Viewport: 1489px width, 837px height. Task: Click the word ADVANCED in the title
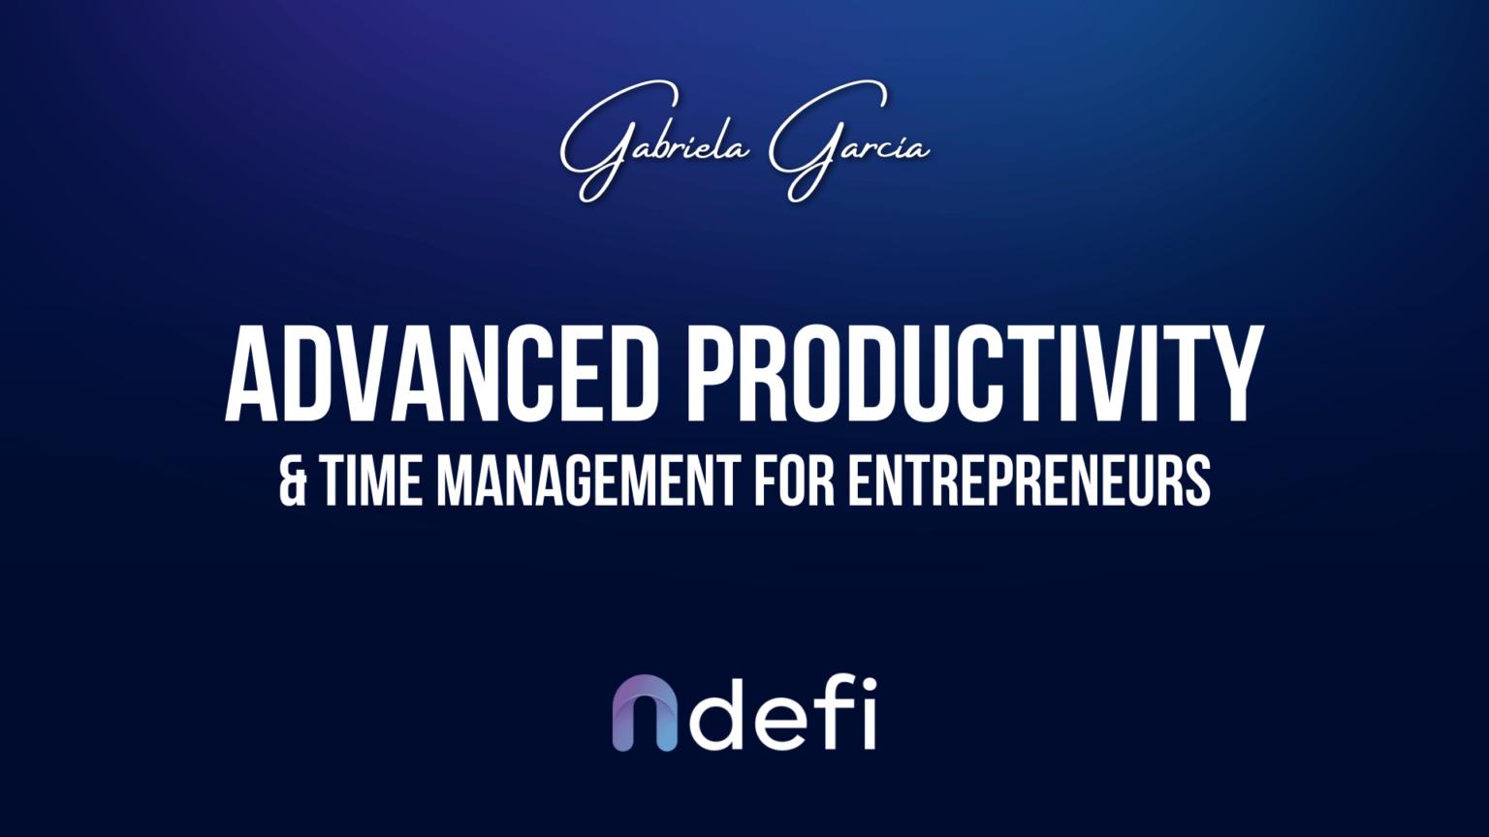click(442, 376)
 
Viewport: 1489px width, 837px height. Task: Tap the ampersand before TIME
click(292, 481)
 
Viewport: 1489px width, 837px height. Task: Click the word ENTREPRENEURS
click(1030, 481)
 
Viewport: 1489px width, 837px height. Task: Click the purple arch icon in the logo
click(645, 714)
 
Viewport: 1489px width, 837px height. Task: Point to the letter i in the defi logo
click(868, 714)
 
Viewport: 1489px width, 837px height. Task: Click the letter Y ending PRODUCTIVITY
click(1232, 376)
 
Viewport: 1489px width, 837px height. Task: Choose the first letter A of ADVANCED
click(252, 376)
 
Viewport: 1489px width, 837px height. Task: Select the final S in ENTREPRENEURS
click(1197, 481)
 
